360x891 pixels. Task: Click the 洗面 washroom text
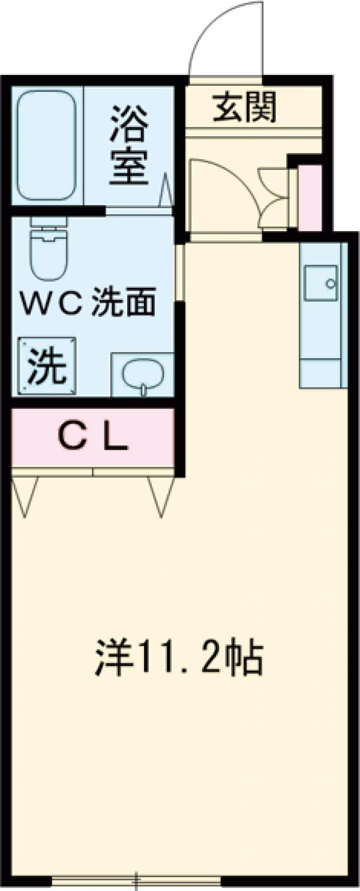pos(124,303)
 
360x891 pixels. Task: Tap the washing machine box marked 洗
pos(47,366)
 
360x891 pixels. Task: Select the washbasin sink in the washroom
pos(143,374)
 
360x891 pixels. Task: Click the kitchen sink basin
pos(321,282)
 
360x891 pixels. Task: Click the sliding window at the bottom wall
pos(137,881)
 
